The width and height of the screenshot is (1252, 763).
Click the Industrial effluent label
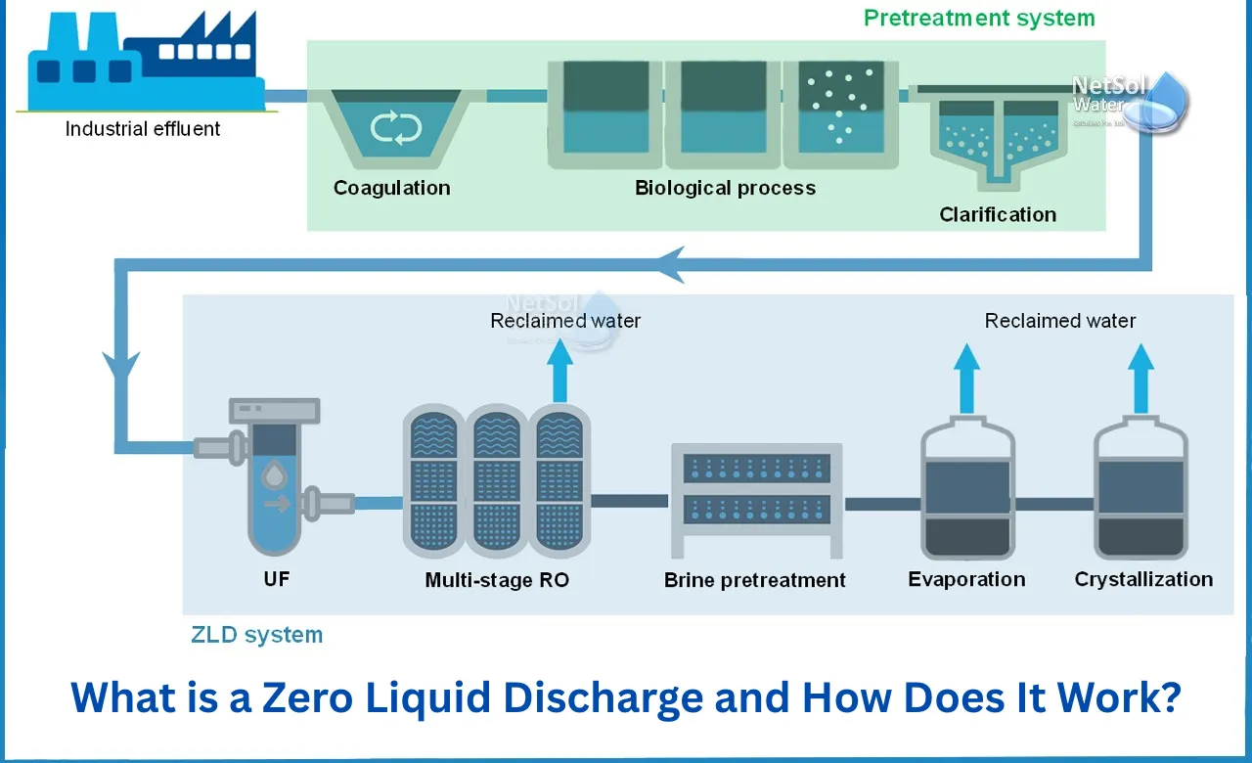(143, 128)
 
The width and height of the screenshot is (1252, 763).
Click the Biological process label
(725, 188)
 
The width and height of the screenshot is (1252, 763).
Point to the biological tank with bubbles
(840, 112)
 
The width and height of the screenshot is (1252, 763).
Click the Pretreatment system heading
(979, 18)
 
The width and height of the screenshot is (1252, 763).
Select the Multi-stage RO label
(497, 580)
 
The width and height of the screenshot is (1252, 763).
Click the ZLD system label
(256, 635)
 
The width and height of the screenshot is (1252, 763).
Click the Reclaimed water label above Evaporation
(1060, 321)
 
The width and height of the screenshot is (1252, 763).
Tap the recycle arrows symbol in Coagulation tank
(395, 128)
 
